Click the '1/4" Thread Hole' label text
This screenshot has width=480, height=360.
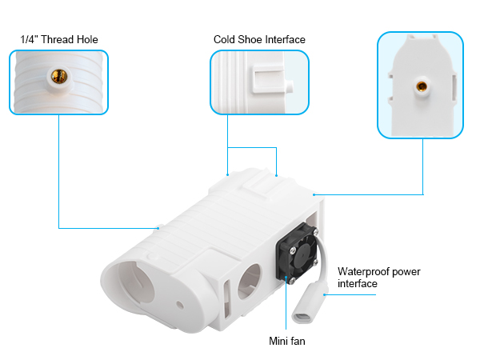[59, 39]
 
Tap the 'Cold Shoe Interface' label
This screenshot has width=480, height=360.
[259, 39]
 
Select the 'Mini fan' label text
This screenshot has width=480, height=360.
[287, 341]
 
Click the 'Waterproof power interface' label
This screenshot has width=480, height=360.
[378, 278]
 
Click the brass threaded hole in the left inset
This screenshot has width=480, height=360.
[59, 76]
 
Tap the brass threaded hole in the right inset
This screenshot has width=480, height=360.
[422, 86]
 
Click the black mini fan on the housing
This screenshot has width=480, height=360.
[298, 252]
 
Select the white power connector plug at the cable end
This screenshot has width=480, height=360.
[308, 303]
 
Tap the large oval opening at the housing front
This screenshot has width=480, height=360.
[134, 285]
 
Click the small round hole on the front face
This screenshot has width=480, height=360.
[180, 305]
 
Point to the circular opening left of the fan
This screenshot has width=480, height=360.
[249, 280]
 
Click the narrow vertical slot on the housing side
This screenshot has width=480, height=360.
[227, 298]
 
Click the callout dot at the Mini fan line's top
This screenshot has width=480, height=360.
[286, 277]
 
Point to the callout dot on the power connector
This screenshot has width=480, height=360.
[325, 294]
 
